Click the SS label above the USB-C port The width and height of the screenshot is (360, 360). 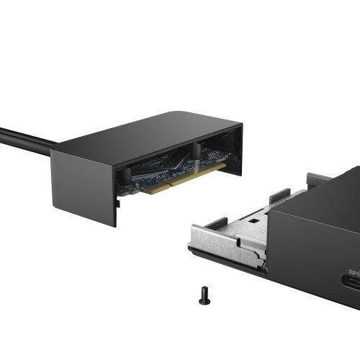[x=354, y=271]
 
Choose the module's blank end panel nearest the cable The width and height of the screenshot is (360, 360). [x=83, y=187]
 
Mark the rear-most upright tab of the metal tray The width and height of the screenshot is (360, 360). [x=318, y=179]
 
